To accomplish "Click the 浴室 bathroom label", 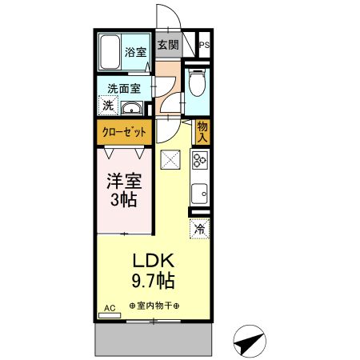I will (x=135, y=53).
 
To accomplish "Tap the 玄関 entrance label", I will (x=167, y=45).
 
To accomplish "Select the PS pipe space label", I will (x=204, y=45).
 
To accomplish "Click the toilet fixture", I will (x=198, y=82).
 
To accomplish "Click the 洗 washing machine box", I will (x=107, y=106).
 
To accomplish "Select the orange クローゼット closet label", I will (x=123, y=133).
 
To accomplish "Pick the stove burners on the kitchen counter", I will (x=200, y=159).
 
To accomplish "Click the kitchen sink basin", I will (x=198, y=193).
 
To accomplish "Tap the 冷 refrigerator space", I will (x=199, y=230).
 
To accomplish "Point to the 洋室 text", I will (x=123, y=181).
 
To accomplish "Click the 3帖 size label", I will (x=123, y=201).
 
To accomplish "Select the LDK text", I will (x=154, y=262).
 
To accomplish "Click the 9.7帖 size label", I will (x=154, y=282).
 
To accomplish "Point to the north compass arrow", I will (x=249, y=342).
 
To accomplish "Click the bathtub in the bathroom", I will (x=110, y=53).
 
